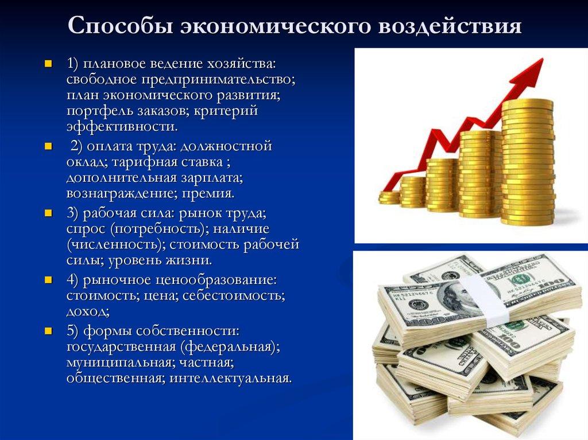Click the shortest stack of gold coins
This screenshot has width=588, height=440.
(x=389, y=197)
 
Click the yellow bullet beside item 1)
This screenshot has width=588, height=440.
(x=48, y=62)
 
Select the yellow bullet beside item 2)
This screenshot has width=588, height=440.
(x=48, y=147)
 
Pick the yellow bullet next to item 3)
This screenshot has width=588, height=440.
(x=48, y=213)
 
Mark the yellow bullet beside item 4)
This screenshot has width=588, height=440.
(x=48, y=281)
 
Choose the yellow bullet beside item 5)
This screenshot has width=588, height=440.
(x=48, y=331)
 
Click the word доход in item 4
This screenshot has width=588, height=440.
(x=87, y=312)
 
